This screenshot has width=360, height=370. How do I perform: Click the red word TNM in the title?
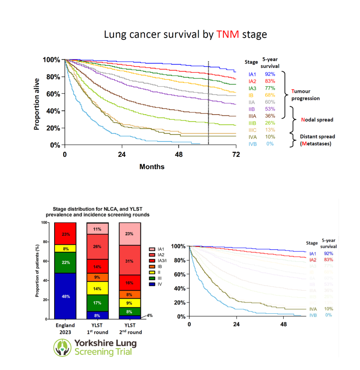pos(228,34)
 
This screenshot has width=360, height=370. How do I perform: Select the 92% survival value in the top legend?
pos(268,75)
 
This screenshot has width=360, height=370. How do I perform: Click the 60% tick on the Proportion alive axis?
pos(53,94)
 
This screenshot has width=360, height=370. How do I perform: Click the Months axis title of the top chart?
pos(152,167)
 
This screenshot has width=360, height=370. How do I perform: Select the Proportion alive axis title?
pos(38,104)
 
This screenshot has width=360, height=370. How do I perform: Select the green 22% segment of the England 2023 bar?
pos(65,262)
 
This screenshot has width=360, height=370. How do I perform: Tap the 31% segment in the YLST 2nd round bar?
pos(130,261)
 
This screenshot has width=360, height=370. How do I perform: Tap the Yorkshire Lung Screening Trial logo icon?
pos(62,347)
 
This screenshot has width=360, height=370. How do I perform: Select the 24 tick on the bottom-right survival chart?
pos(237,325)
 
